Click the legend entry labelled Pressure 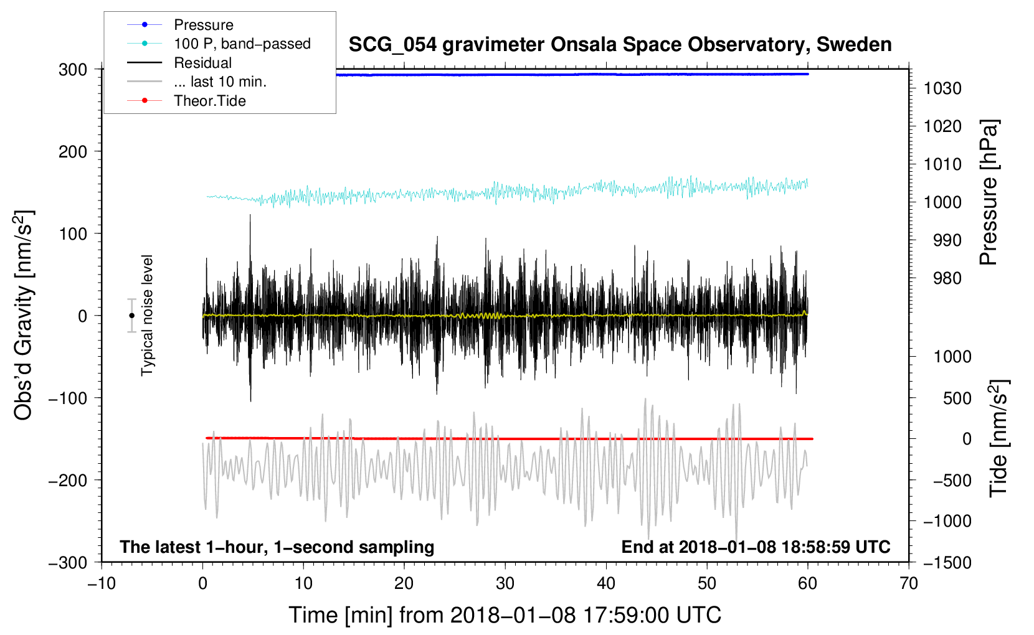tap(203, 25)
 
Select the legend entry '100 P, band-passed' tap(242, 44)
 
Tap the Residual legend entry tap(202, 63)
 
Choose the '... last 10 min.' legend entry tap(220, 82)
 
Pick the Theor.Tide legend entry tap(209, 101)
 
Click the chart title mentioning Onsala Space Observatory tap(620, 45)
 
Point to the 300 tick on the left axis tap(73, 70)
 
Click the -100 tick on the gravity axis tap(68, 398)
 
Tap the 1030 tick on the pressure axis tap(942, 88)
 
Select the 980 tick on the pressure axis tap(947, 278)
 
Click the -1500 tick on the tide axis tap(947, 562)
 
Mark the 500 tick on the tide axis tap(957, 398)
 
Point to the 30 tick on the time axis tap(505, 583)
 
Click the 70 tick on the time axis tap(909, 583)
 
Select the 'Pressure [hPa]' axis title tap(989, 192)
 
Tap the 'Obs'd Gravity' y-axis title tap(24, 316)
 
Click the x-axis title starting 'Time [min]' tap(505, 615)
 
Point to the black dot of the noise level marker tap(131, 316)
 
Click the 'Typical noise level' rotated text tap(147, 316)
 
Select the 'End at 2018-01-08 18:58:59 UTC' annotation tap(756, 547)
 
